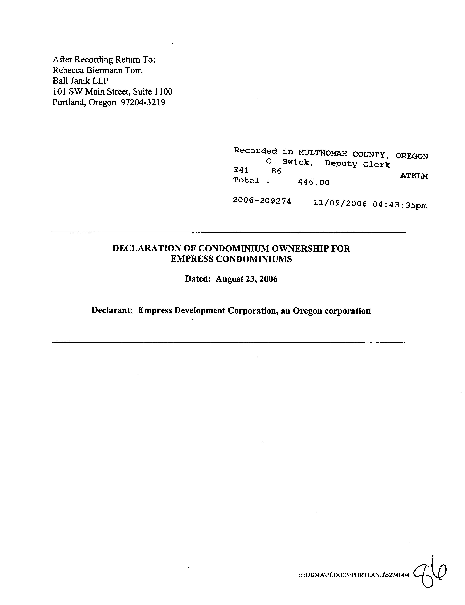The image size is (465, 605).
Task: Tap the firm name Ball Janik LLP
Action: tap(80, 81)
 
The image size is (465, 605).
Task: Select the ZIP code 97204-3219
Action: tap(143, 102)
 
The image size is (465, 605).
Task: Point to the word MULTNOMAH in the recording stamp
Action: tap(322, 153)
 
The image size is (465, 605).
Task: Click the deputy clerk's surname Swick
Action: tap(296, 162)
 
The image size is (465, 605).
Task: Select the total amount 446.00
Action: tap(314, 182)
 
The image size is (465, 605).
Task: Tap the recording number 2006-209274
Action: tap(262, 201)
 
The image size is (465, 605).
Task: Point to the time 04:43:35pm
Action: tap(400, 205)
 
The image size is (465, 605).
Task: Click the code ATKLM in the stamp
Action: tap(414, 176)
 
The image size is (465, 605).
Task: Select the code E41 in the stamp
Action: tap(241, 170)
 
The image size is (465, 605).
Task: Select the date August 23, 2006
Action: tap(246, 279)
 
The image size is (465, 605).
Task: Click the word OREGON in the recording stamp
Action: tap(412, 156)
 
